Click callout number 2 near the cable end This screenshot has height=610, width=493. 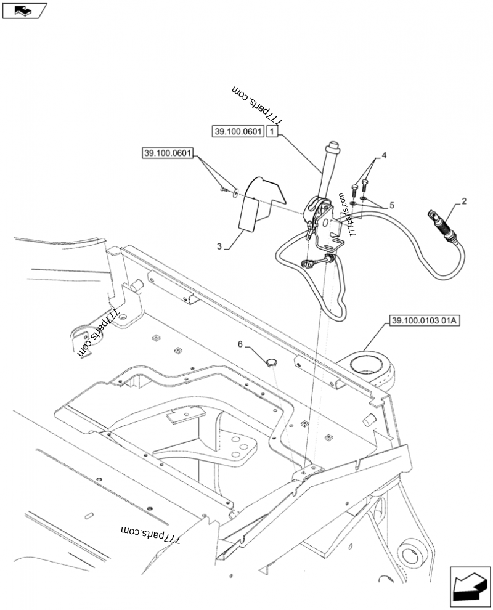click(x=463, y=201)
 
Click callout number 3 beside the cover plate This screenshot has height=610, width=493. click(x=219, y=246)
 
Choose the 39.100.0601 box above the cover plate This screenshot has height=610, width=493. click(x=168, y=152)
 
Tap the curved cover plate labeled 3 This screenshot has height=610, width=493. click(x=259, y=203)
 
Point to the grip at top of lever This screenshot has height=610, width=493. click(x=332, y=150)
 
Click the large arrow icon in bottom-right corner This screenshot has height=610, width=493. click(x=470, y=585)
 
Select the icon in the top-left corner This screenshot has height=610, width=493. click(x=24, y=10)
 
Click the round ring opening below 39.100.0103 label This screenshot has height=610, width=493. click(x=369, y=363)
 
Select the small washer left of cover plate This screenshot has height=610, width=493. click(x=235, y=193)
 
